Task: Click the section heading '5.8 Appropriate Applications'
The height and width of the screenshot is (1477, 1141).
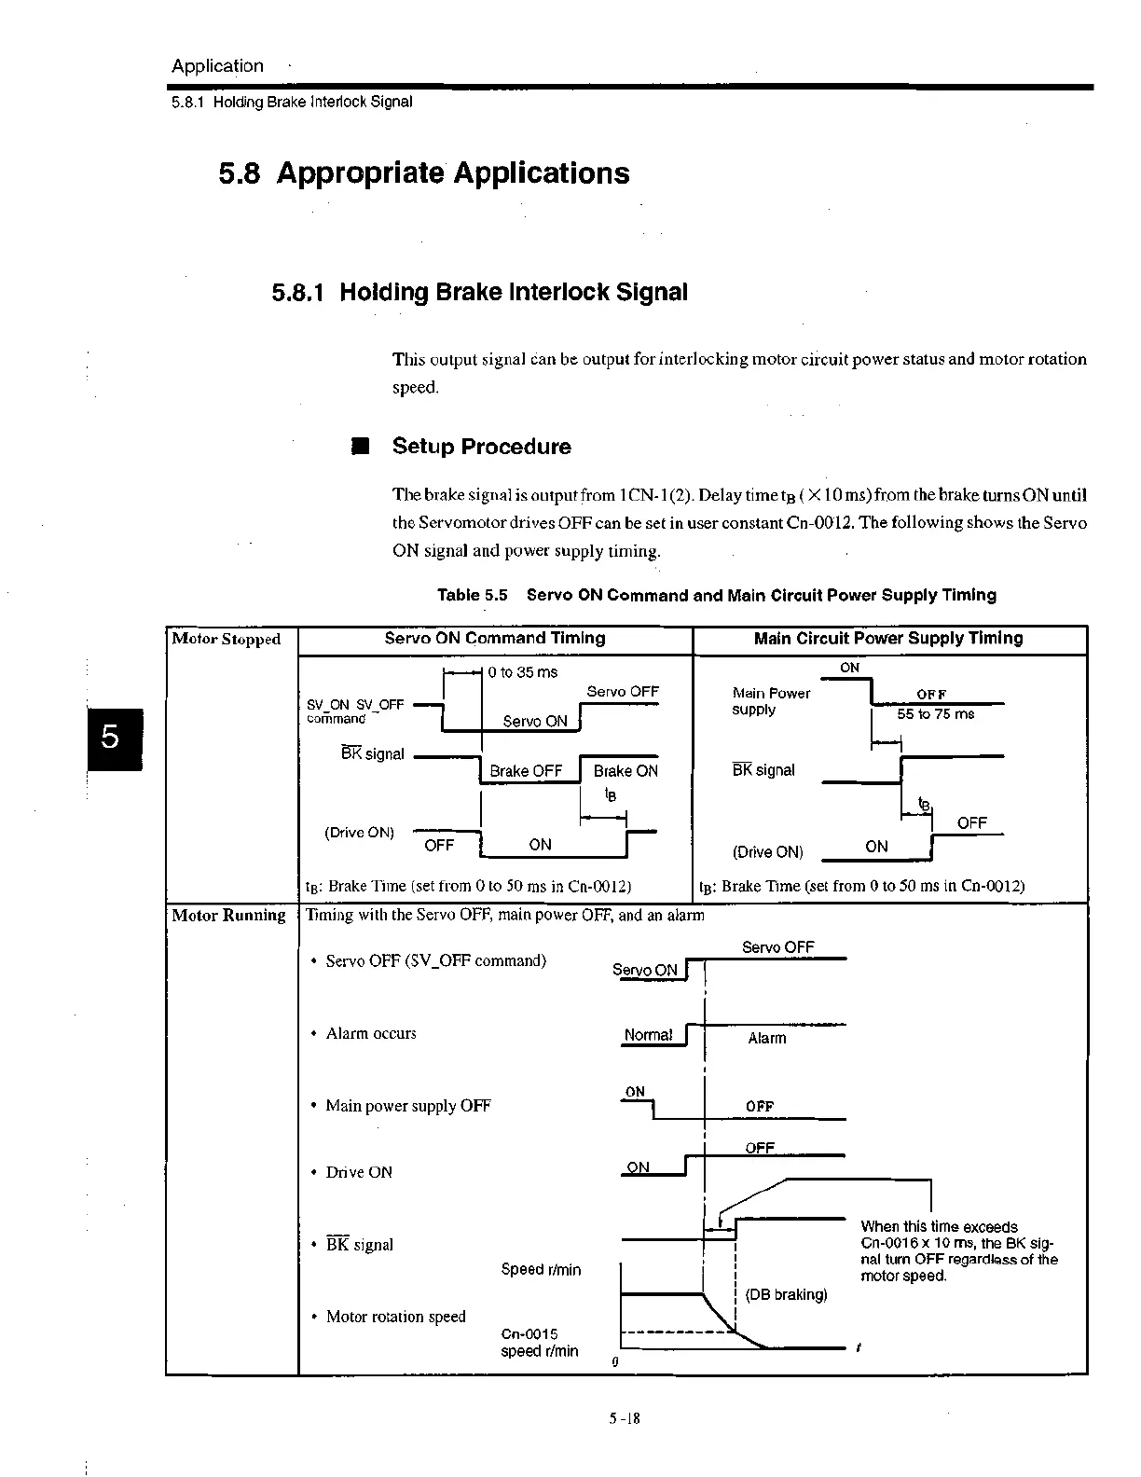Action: coord(424,173)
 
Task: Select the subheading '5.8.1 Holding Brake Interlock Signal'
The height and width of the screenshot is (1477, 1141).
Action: coord(480,293)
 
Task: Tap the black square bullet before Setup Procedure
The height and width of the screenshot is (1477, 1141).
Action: coord(361,447)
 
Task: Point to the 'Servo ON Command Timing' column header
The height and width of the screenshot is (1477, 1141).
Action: coord(495,639)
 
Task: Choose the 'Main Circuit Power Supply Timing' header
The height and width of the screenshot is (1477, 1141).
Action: coord(888,639)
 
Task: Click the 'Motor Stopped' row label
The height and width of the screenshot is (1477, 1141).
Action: coord(227,640)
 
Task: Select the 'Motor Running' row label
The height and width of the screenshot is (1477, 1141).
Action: coord(228,916)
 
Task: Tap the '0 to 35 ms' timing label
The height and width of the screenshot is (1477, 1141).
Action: coord(523,672)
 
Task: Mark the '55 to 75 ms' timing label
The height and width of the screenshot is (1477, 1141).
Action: coord(935,714)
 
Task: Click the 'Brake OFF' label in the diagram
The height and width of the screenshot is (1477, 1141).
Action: coord(526,771)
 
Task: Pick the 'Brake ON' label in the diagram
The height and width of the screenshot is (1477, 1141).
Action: coord(625,771)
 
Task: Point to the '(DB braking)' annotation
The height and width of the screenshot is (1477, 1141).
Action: coord(787,1295)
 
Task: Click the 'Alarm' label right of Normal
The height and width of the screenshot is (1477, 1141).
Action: coord(767,1039)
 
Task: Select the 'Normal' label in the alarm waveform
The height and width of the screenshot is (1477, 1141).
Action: coord(648,1035)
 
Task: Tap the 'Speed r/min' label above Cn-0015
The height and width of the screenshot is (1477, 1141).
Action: coord(541,1270)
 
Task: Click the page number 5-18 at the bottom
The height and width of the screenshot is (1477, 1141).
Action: coord(625,1419)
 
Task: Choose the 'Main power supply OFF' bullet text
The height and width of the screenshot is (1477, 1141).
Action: coord(408,1106)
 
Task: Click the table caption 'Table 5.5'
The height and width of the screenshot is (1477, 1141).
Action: coord(472,596)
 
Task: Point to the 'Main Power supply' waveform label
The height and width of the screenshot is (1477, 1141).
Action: coord(771,701)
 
